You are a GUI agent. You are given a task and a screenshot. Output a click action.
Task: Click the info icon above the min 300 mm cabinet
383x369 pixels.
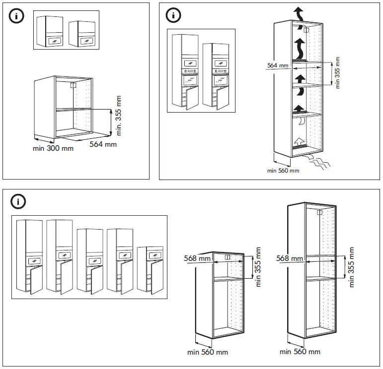pos(18,16)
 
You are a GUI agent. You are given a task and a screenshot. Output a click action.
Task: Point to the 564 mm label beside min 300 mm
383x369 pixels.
pos(103,144)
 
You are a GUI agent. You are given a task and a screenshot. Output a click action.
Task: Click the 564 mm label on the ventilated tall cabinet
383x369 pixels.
pos(277,65)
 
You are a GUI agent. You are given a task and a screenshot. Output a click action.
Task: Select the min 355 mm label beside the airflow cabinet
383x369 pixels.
pos(338,72)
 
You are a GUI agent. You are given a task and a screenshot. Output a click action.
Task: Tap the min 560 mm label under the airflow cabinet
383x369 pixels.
pos(283,171)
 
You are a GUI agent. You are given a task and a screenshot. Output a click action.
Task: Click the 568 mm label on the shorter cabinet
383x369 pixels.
pos(194,258)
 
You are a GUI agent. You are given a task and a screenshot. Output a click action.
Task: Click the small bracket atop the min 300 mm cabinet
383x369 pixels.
pos(73,85)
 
